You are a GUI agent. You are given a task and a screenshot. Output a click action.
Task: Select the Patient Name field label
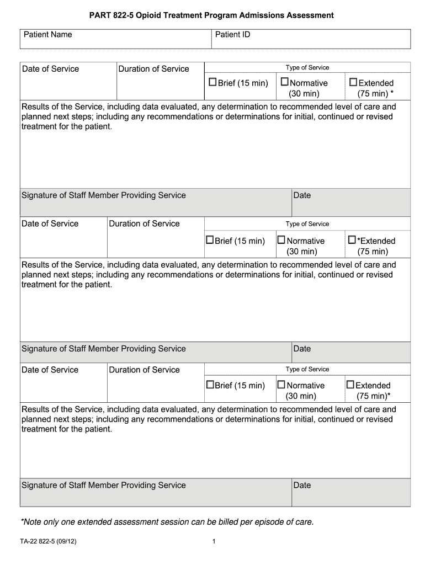[47, 35]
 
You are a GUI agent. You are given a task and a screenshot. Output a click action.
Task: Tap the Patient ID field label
[232, 35]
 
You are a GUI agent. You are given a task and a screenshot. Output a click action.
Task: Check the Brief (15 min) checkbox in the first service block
[212, 83]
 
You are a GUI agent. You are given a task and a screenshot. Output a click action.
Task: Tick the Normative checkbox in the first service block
[285, 83]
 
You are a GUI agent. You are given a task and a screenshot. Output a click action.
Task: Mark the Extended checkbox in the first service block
[354, 83]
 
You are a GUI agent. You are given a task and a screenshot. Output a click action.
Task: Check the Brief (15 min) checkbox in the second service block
[210, 240]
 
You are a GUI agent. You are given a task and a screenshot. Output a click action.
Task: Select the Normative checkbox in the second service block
[281, 240]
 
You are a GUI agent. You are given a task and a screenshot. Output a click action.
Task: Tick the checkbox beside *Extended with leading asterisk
[352, 240]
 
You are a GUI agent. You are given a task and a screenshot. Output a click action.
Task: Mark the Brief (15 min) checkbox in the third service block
[210, 385]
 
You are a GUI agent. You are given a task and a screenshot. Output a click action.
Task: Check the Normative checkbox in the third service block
[281, 385]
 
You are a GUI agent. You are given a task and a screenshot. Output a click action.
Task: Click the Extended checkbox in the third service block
[350, 385]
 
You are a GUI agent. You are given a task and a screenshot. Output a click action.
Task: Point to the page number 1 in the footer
[213, 542]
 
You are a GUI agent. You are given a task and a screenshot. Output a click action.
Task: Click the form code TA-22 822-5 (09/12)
[48, 542]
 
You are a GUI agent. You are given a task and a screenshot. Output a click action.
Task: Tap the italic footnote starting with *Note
[167, 521]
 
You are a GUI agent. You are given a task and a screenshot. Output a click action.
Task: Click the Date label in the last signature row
[302, 486]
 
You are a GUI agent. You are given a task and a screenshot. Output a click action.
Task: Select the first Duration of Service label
[153, 69]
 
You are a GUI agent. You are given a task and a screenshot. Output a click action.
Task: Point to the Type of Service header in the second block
[307, 224]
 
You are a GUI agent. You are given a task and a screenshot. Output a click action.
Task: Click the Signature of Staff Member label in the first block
[103, 195]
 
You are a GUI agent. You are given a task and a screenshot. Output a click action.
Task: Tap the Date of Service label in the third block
[50, 370]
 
